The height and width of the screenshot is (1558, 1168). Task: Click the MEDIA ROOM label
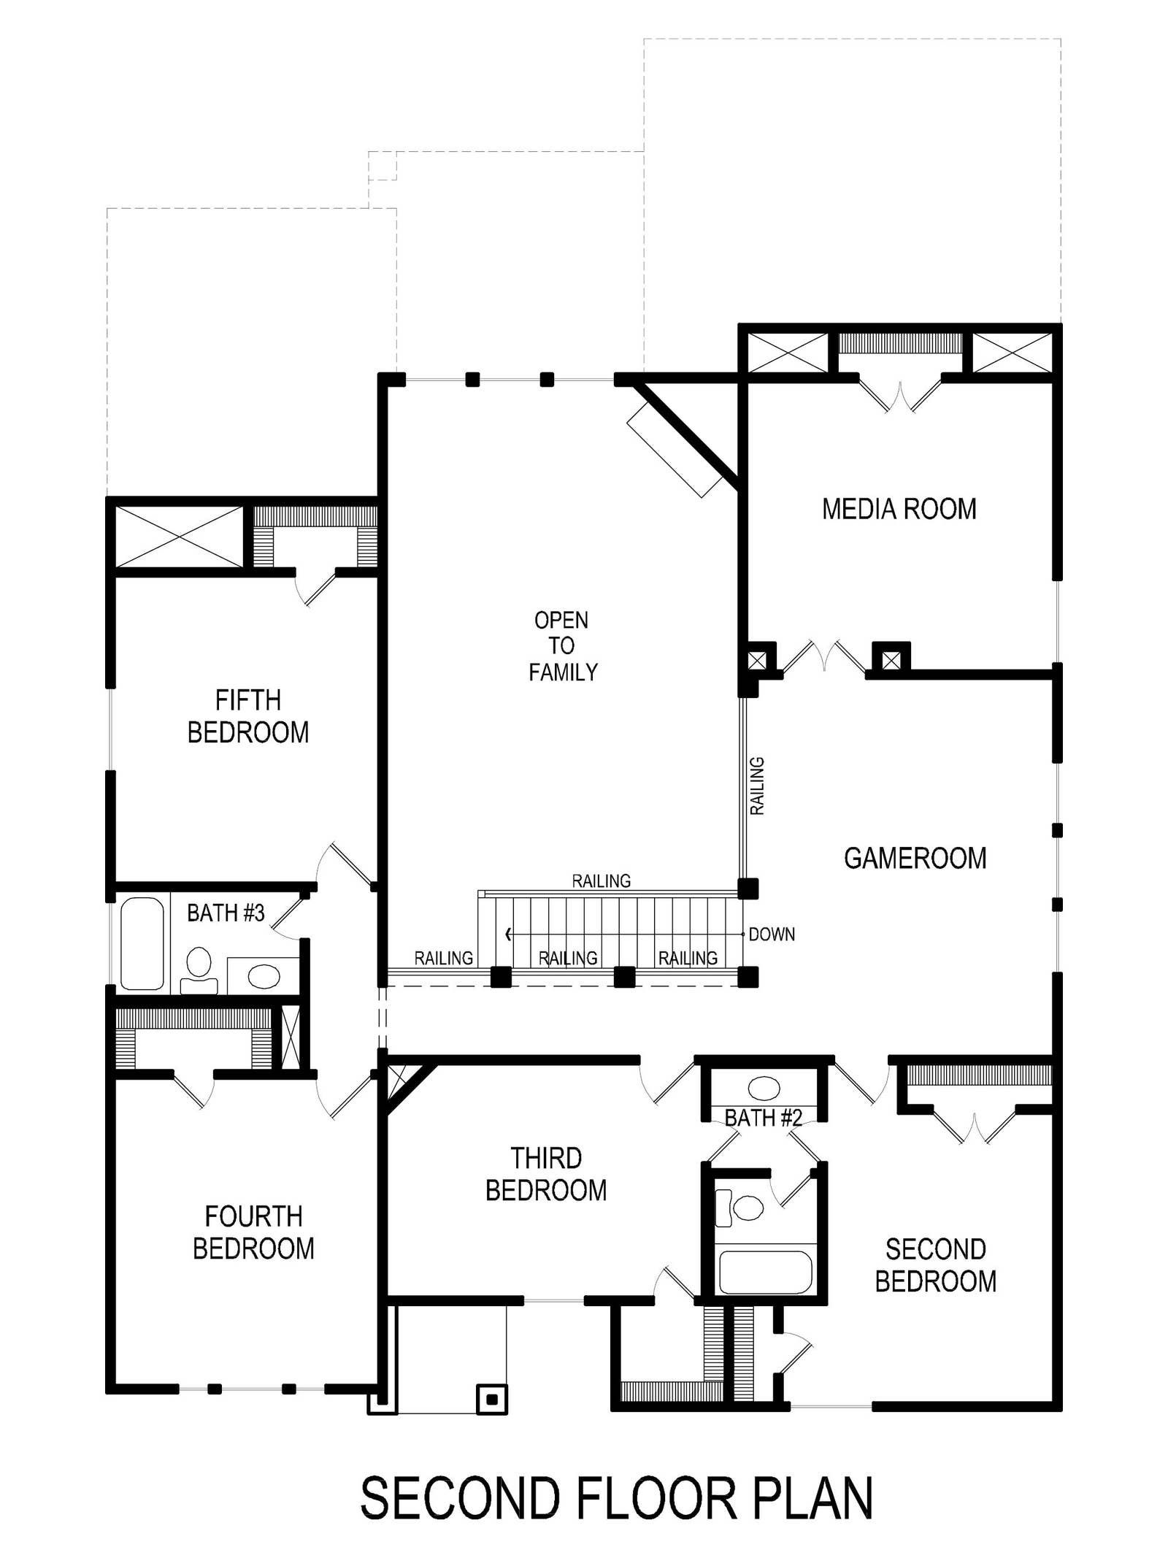coord(899,509)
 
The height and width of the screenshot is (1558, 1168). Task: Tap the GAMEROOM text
coord(915,858)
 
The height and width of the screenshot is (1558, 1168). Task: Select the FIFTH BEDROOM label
coord(248,716)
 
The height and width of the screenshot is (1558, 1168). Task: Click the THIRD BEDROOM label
coord(546,1174)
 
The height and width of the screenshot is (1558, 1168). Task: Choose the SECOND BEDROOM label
coord(936,1265)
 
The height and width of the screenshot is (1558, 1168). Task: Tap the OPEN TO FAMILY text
coord(562,646)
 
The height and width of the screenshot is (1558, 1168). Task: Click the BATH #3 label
coord(226,913)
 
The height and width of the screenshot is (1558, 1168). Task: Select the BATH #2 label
coord(764,1118)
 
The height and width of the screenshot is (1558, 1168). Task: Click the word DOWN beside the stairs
coord(772,935)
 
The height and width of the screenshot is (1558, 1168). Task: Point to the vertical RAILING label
coord(758,786)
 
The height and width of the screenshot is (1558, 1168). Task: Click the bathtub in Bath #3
coord(142,943)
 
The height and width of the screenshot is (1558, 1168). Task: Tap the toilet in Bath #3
coord(199,971)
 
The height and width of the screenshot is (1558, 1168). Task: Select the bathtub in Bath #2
coord(765,1272)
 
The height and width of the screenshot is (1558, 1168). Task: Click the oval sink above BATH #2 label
coord(764,1088)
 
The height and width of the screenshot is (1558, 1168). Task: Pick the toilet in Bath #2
coord(739,1207)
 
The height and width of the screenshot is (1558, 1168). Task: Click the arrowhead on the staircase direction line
coord(509,935)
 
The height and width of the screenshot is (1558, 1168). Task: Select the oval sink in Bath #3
coord(264,975)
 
